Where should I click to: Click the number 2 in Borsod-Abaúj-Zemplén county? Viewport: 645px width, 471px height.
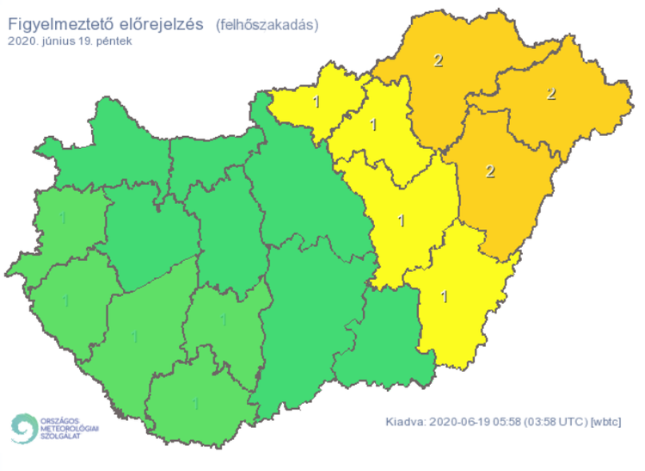click(x=439, y=60)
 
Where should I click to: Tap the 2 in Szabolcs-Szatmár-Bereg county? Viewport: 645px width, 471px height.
click(x=552, y=93)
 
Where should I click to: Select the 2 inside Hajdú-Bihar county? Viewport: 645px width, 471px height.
click(x=490, y=170)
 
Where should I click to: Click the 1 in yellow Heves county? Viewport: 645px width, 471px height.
click(x=372, y=125)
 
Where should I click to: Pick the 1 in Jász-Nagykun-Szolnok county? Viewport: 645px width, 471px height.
click(x=401, y=220)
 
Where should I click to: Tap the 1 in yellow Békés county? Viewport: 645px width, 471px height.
click(x=444, y=297)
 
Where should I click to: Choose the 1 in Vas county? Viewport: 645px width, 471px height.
click(x=62, y=217)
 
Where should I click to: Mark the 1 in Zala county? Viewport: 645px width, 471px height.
click(x=65, y=301)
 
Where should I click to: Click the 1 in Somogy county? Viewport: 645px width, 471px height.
click(x=134, y=335)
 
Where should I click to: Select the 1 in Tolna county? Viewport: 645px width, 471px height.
click(x=224, y=319)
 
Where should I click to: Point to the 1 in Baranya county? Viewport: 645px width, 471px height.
click(x=197, y=402)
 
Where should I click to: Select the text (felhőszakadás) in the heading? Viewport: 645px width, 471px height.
click(x=267, y=25)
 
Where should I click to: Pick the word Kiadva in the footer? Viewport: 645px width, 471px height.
click(x=402, y=422)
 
